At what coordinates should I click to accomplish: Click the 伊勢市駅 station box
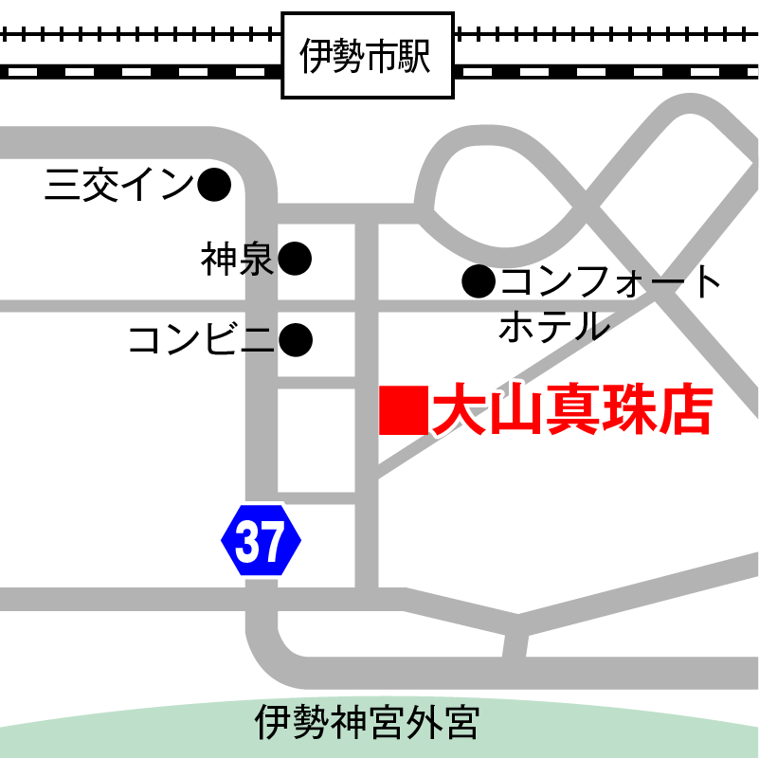[368, 55]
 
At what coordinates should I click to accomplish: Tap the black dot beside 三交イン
[214, 185]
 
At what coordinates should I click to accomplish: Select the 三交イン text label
[118, 186]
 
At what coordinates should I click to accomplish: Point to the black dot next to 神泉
[295, 258]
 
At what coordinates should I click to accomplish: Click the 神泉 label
[237, 259]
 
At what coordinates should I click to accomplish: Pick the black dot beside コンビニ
[296, 338]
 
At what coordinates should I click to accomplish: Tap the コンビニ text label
[201, 338]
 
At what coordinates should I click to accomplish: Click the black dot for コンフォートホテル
[479, 281]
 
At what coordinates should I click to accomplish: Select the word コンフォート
[611, 281]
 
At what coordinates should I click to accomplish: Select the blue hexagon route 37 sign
[261, 540]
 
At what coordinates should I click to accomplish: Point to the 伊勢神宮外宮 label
[368, 724]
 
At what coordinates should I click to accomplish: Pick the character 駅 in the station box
[415, 56]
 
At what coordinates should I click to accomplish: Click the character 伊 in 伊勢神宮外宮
[274, 724]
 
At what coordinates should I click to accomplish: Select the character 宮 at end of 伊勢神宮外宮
[461, 724]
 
